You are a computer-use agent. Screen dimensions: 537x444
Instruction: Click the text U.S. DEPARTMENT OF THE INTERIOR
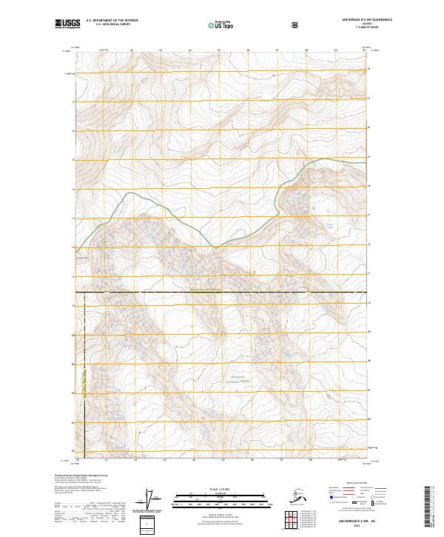click(x=112, y=21)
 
